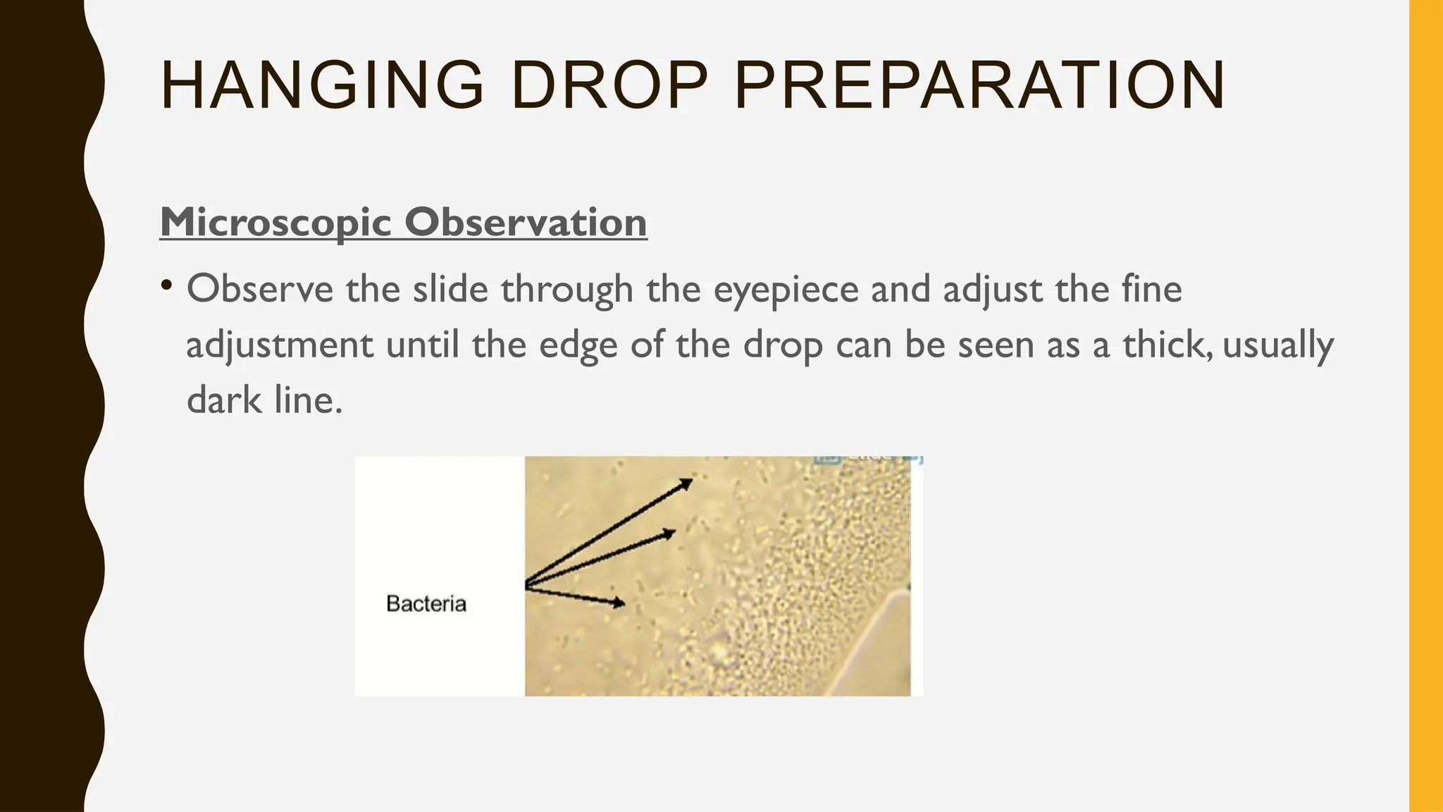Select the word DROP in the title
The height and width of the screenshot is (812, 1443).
coord(609,86)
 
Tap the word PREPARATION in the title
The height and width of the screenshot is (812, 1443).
coord(979,86)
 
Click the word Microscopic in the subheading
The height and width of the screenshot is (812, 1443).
coord(275,222)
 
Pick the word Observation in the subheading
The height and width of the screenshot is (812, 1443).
coord(526,222)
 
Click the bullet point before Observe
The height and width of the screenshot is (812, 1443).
coord(166,285)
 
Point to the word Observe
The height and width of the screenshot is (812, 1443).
coord(259,289)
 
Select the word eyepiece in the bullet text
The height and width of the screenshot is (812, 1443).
coord(786,290)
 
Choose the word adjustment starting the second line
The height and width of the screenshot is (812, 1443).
coord(279,346)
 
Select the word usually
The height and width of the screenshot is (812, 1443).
coord(1278,346)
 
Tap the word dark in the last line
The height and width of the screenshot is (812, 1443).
coord(223,400)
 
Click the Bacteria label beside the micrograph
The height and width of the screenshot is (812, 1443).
coord(426,604)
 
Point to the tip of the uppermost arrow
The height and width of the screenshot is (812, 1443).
coord(690,481)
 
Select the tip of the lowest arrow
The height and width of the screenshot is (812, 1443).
coord(623,603)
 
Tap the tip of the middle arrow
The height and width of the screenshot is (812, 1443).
coord(674,532)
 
